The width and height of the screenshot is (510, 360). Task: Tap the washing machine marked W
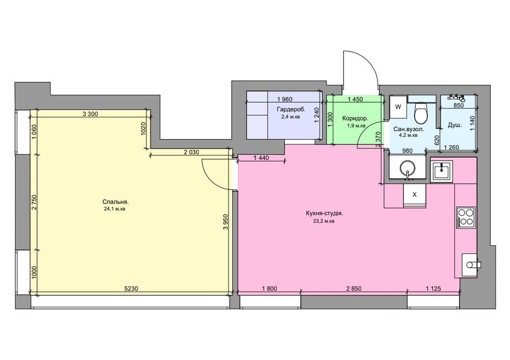(x=398, y=107)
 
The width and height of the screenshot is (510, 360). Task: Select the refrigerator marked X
(x=414, y=195)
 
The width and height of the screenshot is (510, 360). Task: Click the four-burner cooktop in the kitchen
(x=466, y=217)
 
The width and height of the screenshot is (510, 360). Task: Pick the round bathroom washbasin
(x=407, y=168)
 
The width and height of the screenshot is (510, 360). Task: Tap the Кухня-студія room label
(x=325, y=214)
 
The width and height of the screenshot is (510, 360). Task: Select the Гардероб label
(x=291, y=110)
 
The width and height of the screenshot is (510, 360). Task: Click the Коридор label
(x=355, y=118)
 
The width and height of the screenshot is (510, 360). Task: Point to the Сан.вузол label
(x=409, y=129)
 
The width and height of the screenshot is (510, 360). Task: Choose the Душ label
(x=455, y=125)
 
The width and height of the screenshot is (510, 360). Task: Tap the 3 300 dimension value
(x=91, y=114)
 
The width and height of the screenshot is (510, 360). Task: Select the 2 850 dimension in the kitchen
(x=354, y=288)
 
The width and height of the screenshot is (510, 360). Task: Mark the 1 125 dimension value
(x=434, y=288)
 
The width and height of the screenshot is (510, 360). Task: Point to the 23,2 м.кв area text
(x=324, y=221)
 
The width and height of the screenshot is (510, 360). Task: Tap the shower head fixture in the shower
(x=457, y=97)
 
